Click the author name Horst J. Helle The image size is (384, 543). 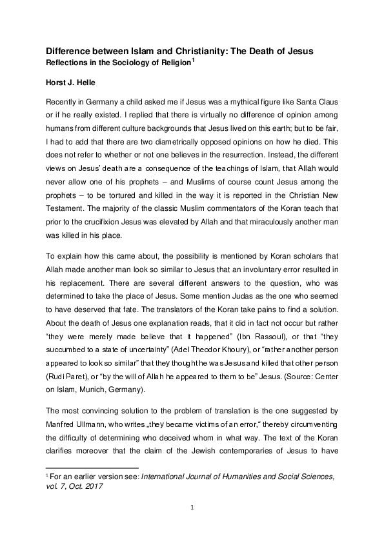tap(76, 83)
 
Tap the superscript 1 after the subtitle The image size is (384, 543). tap(194, 61)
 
